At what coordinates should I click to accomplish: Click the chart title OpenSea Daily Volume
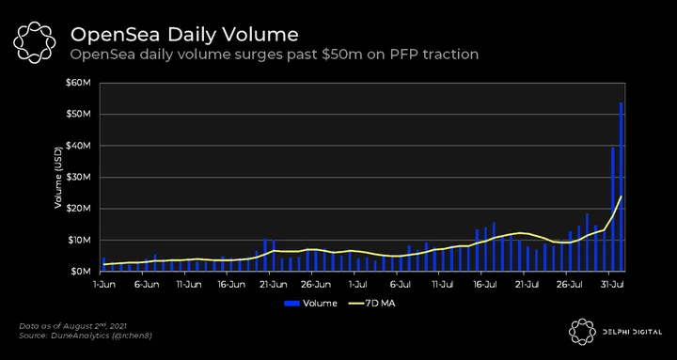(x=184, y=35)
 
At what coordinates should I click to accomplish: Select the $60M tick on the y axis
(x=79, y=83)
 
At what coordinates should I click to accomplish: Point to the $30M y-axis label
(x=79, y=177)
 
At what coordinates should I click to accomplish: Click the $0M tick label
(x=80, y=272)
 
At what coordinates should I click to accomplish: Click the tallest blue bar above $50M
(x=622, y=187)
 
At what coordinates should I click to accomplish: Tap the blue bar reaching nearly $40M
(x=613, y=210)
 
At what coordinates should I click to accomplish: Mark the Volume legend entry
(x=310, y=304)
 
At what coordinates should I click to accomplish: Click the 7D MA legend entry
(x=371, y=304)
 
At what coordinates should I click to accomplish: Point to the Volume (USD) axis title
(x=58, y=178)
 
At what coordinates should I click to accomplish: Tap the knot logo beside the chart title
(x=35, y=41)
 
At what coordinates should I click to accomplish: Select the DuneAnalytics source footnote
(x=86, y=336)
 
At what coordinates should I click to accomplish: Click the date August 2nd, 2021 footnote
(x=73, y=325)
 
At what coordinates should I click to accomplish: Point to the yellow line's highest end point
(x=622, y=196)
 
